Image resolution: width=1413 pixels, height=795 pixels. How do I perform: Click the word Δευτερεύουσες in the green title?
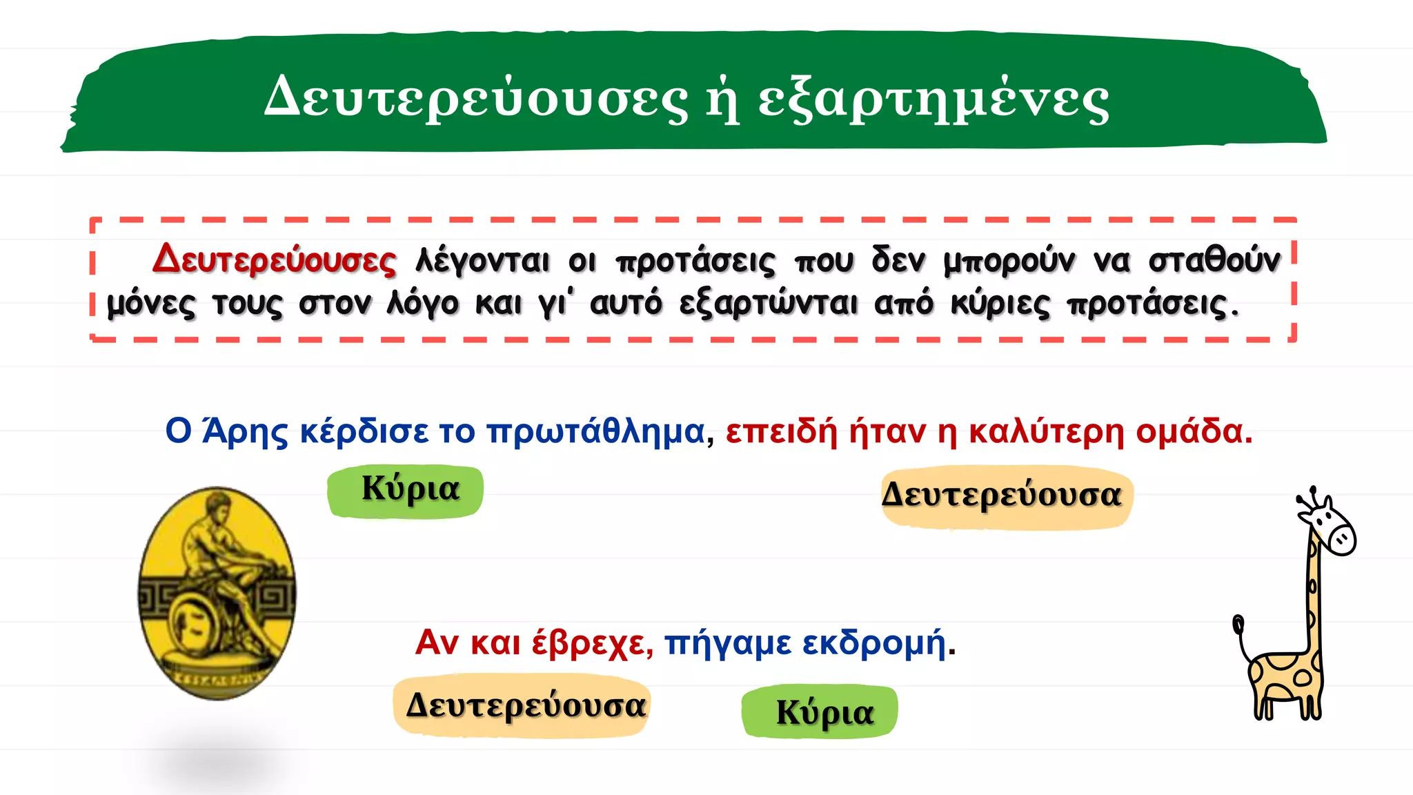point(476,98)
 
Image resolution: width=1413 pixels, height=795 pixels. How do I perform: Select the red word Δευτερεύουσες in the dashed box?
point(275,259)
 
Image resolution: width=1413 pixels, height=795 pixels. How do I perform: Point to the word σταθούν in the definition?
point(1214,259)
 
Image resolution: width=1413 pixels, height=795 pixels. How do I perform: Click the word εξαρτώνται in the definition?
point(769,304)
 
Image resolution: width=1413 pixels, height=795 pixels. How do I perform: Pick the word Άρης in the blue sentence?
point(245,432)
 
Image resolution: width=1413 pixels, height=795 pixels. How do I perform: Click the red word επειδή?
point(781,432)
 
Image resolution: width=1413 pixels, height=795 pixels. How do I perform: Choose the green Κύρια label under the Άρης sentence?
point(406,491)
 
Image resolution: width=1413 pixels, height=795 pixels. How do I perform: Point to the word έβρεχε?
point(592,642)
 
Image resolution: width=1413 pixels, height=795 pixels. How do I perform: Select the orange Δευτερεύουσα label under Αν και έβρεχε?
point(526,705)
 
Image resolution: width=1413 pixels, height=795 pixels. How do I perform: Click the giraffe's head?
point(1332,528)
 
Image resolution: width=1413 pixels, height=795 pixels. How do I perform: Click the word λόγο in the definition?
point(422,304)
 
